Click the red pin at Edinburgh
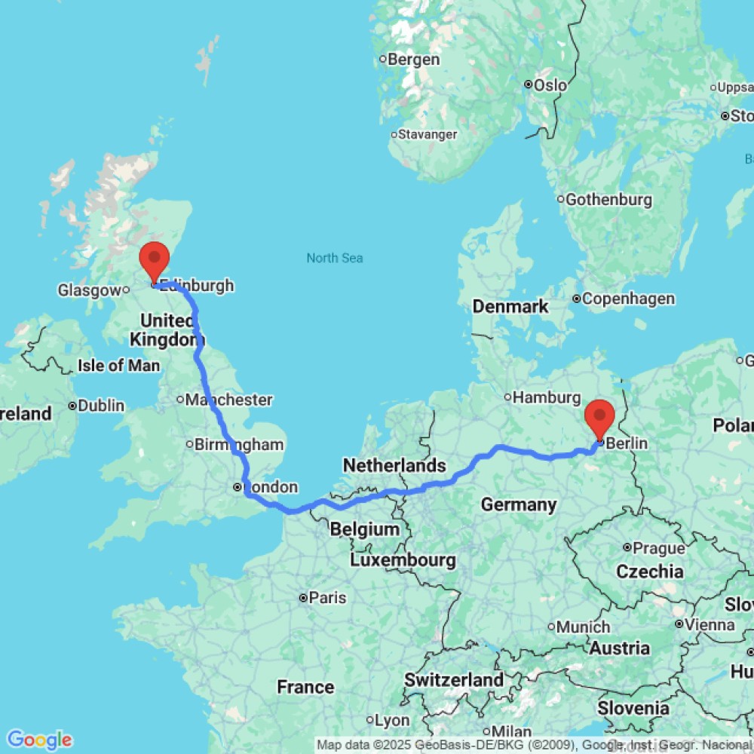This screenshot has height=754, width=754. click(155, 261)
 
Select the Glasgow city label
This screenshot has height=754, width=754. click(89, 290)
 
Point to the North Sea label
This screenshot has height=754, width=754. click(335, 258)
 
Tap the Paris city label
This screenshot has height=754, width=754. click(326, 598)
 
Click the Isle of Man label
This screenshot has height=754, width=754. click(119, 366)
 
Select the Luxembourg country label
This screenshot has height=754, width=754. click(403, 560)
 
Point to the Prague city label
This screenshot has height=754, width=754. click(659, 547)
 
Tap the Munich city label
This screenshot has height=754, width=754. click(583, 627)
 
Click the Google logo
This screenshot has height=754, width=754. click(39, 740)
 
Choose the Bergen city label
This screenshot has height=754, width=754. click(414, 60)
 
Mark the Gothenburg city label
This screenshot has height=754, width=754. click(608, 200)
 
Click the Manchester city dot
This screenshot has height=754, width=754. click(180, 399)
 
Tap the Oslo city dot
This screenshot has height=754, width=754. click(529, 84)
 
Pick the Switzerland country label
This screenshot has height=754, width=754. click(454, 679)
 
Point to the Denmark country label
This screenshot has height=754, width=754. click(510, 307)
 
